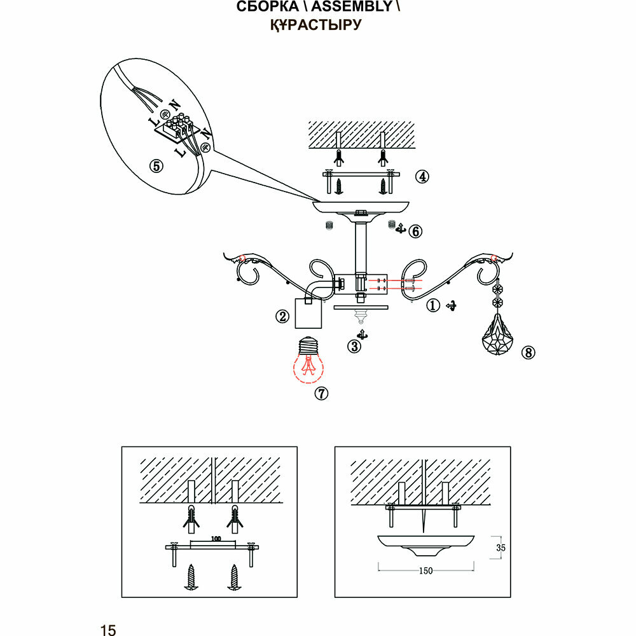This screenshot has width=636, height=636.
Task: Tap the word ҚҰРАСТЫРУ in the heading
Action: click(316, 25)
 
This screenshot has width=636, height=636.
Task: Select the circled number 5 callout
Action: click(156, 166)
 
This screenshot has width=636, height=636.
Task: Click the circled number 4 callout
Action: click(421, 177)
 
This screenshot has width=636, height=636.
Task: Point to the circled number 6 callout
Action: click(415, 231)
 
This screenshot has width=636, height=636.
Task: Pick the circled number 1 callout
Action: click(432, 306)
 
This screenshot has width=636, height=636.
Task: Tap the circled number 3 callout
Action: click(354, 346)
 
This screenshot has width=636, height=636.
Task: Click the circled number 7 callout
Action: click(322, 394)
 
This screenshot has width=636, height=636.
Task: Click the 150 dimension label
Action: click(425, 570)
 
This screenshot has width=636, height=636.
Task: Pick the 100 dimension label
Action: click(215, 539)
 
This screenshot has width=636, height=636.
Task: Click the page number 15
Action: click(108, 630)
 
